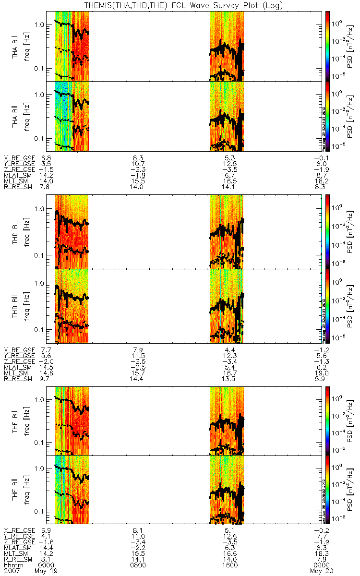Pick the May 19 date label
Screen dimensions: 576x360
[43, 571]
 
